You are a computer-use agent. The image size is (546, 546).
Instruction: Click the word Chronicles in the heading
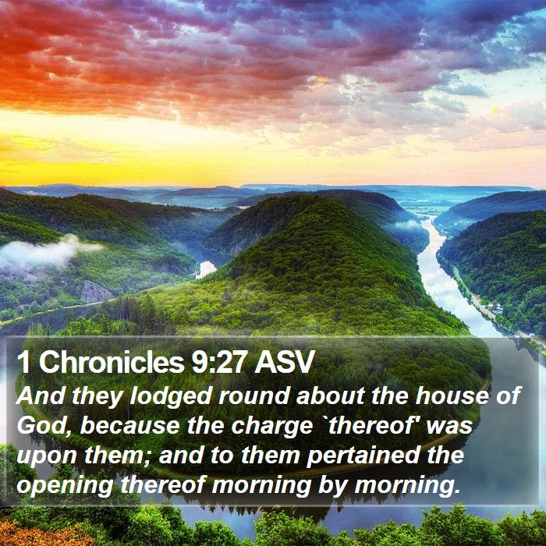[111, 363]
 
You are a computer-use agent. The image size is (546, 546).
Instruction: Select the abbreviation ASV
[284, 363]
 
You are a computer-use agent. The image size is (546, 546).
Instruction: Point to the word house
[452, 395]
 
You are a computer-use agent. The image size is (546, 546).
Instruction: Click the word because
[130, 426]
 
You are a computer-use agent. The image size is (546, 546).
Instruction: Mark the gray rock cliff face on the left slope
[96, 292]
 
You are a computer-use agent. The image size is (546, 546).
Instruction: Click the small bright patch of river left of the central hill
[206, 269]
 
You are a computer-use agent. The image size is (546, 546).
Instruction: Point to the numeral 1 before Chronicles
[23, 363]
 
